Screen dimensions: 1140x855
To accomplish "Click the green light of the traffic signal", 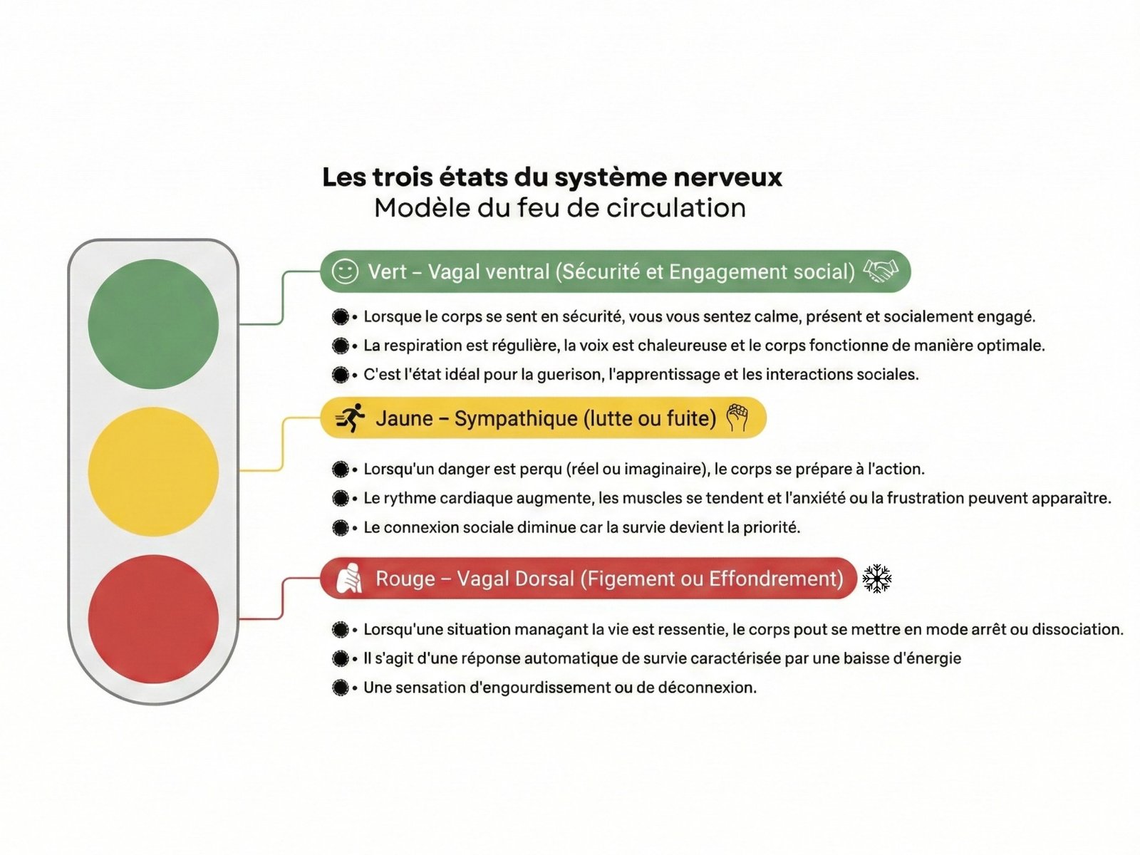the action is pos(153,323).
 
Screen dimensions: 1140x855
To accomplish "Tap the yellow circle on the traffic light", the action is pos(153,471).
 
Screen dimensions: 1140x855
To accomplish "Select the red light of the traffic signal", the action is pos(153,618).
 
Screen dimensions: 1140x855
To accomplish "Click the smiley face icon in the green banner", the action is pos(346,271).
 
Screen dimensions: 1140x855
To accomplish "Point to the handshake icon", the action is pos(881,271).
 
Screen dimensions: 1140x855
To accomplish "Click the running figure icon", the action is pos(351,418).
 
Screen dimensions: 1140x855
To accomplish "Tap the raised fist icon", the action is pos(737,418).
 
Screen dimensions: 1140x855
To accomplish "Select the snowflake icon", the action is pos(877,579).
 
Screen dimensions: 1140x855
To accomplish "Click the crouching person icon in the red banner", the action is pos(348,579).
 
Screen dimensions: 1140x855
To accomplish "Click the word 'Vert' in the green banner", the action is pos(388,271).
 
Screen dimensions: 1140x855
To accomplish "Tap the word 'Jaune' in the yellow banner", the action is pos(404,418).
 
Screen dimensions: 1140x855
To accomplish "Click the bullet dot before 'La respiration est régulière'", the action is pos(341,346).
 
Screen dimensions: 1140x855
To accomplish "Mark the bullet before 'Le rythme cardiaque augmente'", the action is pos(341,498).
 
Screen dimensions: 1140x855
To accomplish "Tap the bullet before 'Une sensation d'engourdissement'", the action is pos(341,688).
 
